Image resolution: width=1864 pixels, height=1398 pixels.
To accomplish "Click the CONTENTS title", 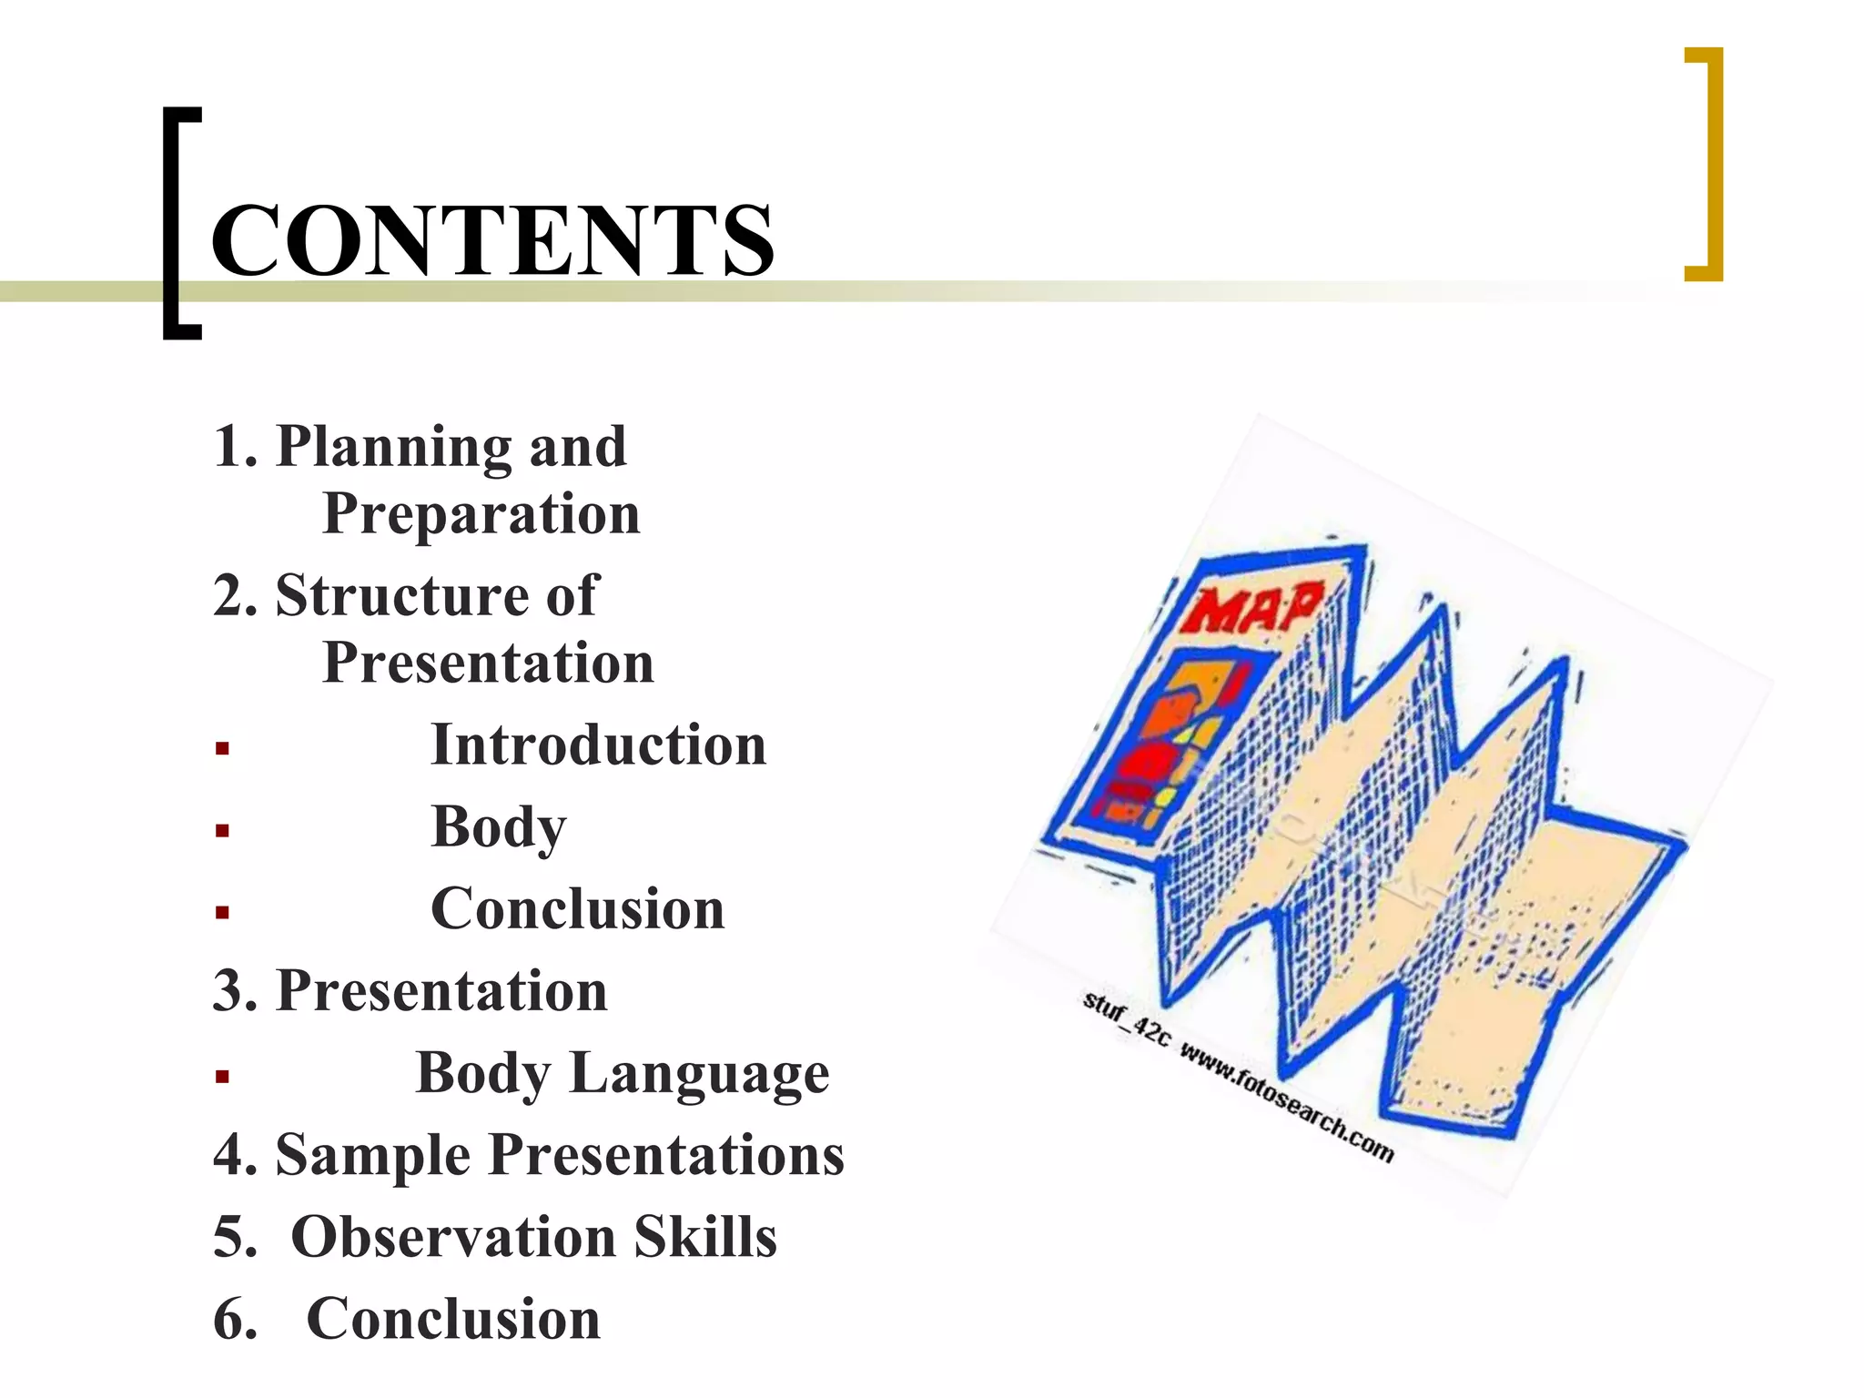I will coord(492,240).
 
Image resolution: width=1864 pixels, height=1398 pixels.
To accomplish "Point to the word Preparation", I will coord(481,514).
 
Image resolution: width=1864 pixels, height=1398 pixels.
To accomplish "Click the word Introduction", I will coord(598,745).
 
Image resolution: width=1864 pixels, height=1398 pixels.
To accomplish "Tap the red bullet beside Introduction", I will coord(222,749).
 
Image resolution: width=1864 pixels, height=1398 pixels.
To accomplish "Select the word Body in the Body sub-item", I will coord(498,827).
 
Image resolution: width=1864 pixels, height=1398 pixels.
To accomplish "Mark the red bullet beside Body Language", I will coord(222,1077).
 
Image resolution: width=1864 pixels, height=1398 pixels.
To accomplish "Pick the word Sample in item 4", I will coord(373,1155).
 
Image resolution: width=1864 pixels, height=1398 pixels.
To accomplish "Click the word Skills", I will coord(705,1237).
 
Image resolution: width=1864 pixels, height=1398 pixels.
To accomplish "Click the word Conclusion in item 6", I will coord(453,1319).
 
